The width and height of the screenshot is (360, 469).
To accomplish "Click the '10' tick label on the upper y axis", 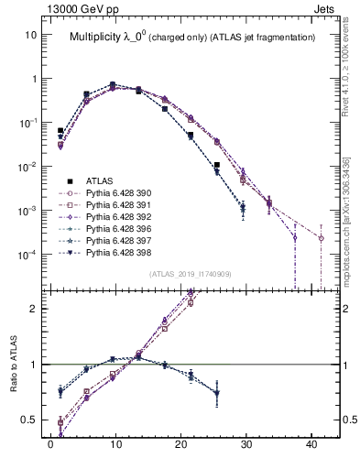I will [30, 35].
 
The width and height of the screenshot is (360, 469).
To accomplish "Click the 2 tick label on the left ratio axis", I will [32, 309].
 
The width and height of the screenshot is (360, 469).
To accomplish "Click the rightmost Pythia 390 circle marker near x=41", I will [322, 238].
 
